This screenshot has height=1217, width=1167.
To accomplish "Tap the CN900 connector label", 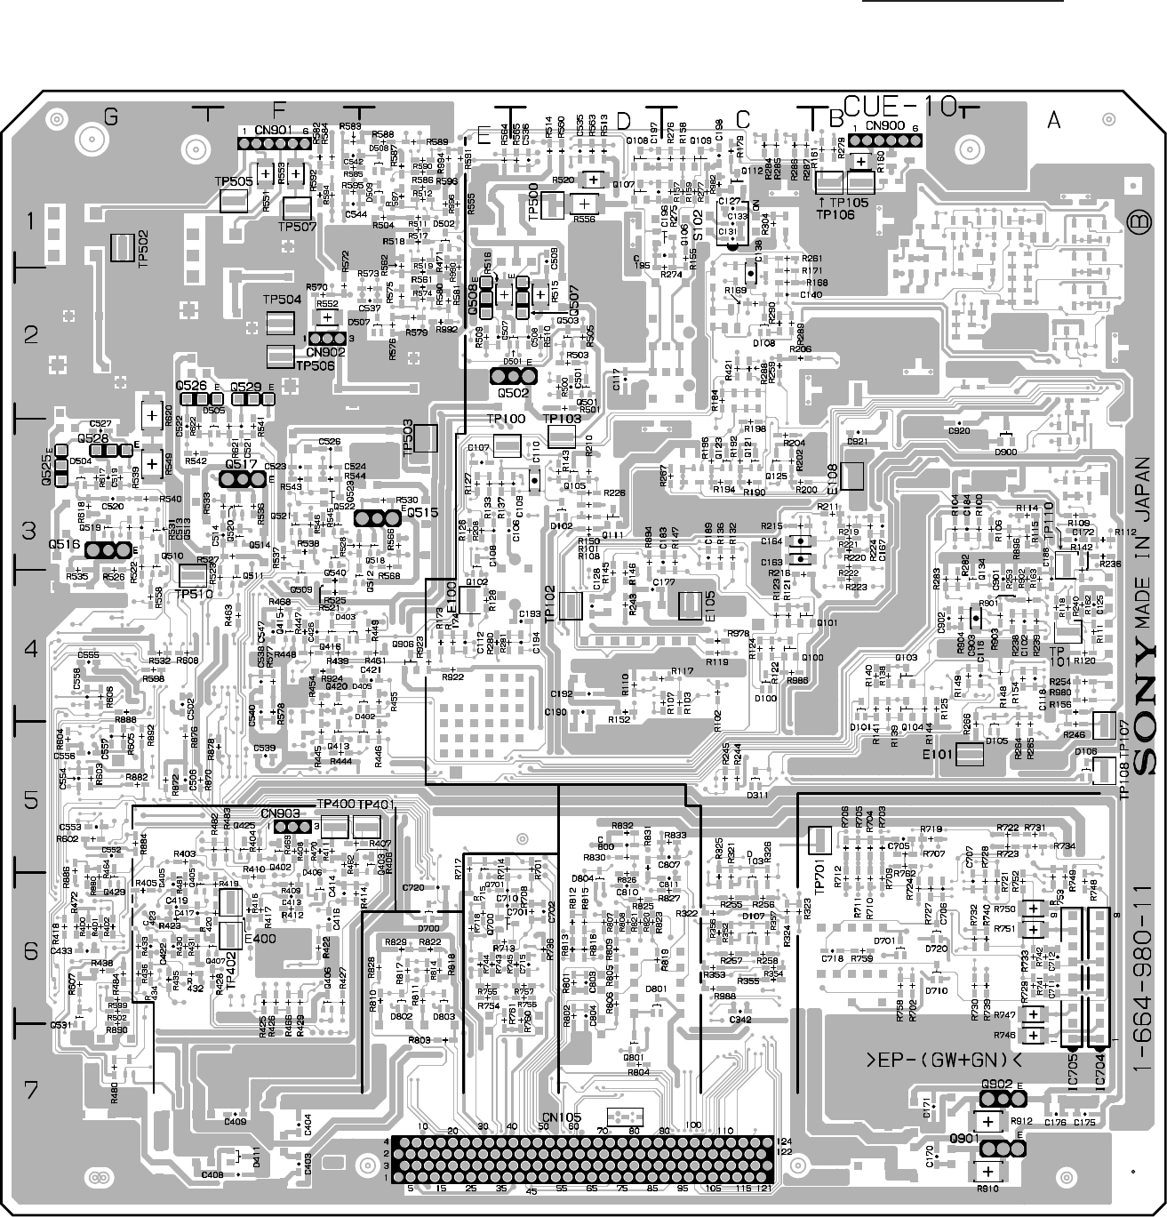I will click(884, 126).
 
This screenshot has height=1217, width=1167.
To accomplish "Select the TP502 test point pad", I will click(123, 248).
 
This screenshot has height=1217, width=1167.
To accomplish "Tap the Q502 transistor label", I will click(514, 392).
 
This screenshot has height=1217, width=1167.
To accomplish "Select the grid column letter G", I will click(110, 116).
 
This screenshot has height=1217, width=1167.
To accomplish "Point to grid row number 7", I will click(31, 1089).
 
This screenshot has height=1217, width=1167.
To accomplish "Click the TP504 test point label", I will click(283, 300).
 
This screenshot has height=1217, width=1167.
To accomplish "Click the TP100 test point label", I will click(507, 419).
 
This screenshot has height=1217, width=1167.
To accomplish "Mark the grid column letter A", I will click(1054, 121).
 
